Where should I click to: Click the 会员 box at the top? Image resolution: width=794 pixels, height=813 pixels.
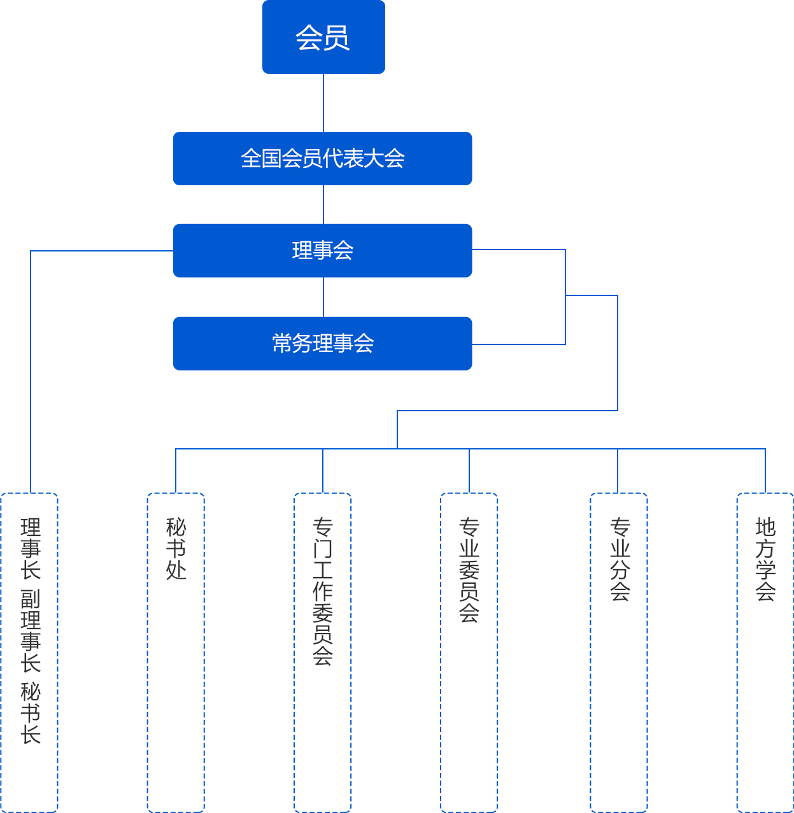tap(323, 38)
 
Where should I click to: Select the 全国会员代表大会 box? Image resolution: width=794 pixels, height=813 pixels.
tap(322, 159)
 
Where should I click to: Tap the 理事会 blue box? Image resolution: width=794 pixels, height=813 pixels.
tap(322, 250)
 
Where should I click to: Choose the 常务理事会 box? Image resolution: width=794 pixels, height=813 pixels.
tap(322, 343)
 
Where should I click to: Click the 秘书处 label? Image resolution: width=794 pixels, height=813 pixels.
tap(176, 548)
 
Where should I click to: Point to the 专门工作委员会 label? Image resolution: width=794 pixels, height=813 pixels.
tap(323, 591)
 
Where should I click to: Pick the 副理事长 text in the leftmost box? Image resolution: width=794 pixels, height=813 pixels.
tap(31, 630)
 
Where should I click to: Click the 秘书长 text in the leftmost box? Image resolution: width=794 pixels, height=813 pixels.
tap(31, 713)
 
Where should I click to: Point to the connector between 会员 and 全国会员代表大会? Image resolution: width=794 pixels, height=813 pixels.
tap(323, 103)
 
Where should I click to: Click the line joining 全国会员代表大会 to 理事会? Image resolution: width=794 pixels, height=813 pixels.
tap(323, 204)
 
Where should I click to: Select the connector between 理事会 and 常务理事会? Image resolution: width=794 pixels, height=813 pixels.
tap(323, 297)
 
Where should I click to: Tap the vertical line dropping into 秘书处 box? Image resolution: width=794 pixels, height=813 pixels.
tap(176, 471)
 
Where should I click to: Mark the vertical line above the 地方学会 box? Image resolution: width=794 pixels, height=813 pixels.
tap(765, 471)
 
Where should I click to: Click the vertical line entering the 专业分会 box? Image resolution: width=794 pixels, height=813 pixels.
tap(617, 471)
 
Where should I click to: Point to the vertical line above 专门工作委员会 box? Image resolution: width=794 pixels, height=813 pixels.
tap(323, 471)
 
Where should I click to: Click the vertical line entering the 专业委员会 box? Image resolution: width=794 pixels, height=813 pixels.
tap(469, 471)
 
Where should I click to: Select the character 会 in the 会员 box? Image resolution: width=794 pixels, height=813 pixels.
tap(309, 38)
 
